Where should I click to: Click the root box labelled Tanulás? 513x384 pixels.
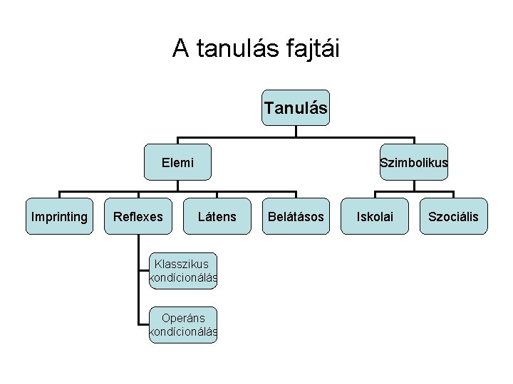(x=296, y=108)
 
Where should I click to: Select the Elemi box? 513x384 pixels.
(x=177, y=162)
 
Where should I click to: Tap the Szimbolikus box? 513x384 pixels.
(x=414, y=162)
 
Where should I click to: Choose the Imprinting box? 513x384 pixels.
(x=59, y=216)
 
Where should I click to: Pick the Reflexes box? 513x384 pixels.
(x=138, y=216)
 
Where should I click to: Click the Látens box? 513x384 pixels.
(x=217, y=216)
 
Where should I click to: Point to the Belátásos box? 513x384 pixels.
(x=296, y=216)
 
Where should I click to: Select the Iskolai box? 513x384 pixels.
(x=375, y=216)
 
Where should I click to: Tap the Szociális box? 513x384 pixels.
(x=454, y=216)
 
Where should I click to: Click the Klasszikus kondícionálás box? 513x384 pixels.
(x=183, y=271)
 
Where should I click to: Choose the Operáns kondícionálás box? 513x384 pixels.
(x=183, y=325)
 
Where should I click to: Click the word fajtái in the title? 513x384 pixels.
(x=311, y=48)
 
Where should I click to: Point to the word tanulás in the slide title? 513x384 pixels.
(x=234, y=48)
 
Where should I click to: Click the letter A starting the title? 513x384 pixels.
(x=181, y=48)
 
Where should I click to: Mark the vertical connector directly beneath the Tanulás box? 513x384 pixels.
(x=296, y=132)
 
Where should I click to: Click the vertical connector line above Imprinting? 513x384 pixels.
(x=59, y=195)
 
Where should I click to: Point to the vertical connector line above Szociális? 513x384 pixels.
(x=454, y=195)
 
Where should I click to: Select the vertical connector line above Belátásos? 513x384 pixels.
(x=296, y=195)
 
